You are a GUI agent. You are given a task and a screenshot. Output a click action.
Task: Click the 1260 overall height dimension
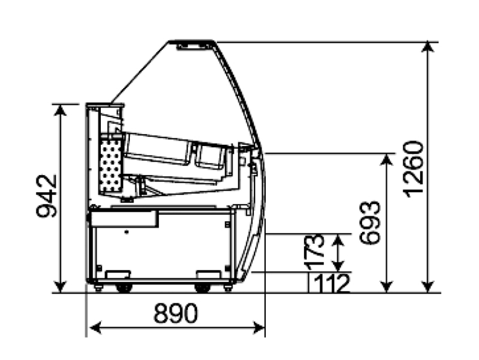tap(413, 169)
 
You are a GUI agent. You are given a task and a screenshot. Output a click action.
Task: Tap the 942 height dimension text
tap(46, 196)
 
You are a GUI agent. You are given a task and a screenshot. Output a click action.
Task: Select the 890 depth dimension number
tap(175, 313)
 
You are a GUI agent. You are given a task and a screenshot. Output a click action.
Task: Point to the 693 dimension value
tap(370, 223)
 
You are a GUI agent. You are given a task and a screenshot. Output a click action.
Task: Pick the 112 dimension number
tap(331, 284)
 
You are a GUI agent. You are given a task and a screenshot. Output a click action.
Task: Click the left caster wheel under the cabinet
tap(124, 288)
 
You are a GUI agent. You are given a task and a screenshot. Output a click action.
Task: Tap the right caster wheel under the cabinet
tap(203, 288)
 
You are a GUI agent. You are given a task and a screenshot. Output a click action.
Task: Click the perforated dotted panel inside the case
tap(110, 166)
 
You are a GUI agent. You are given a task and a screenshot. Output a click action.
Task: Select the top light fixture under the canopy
tap(193, 46)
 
